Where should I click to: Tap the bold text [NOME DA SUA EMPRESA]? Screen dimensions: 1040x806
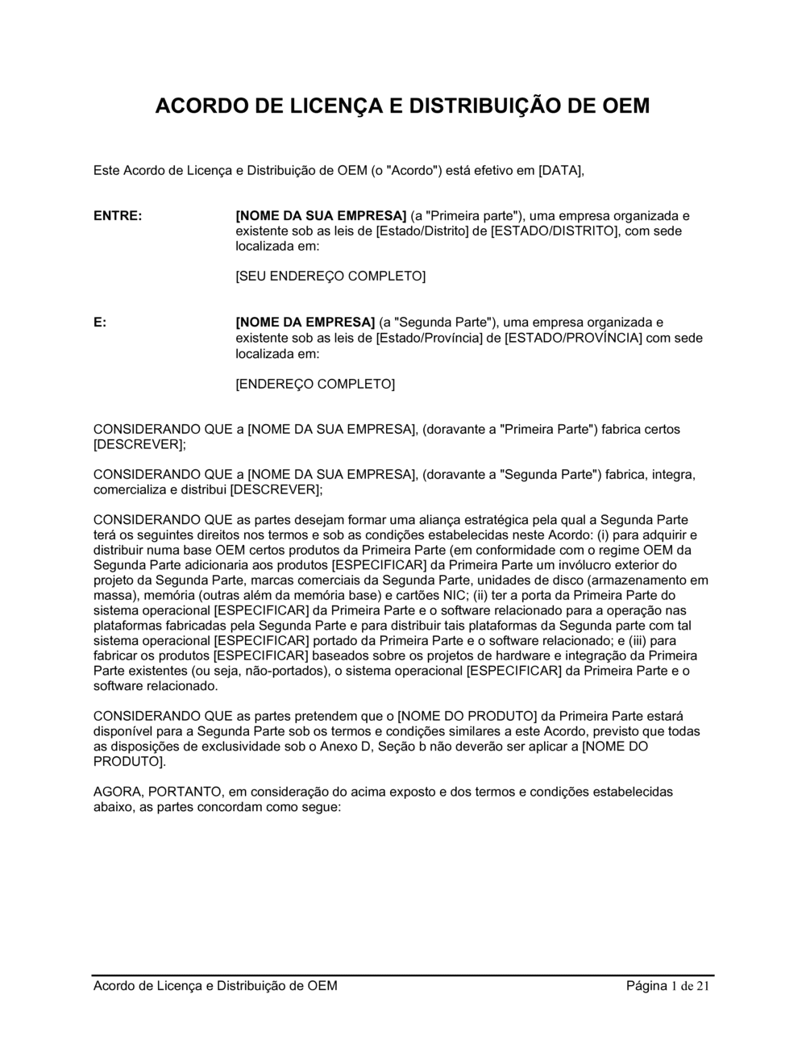[x=321, y=216]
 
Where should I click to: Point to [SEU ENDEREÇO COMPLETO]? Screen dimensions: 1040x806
[x=330, y=277]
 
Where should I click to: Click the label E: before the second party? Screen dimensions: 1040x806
[x=100, y=322]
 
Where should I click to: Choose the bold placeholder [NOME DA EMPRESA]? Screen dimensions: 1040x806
[x=305, y=322]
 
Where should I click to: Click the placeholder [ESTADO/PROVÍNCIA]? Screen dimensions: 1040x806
[x=573, y=338]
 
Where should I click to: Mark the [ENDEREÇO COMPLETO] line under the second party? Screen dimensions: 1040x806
[x=315, y=384]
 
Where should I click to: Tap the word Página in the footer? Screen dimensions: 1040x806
[x=646, y=986]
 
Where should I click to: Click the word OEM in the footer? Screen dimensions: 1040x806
[x=322, y=986]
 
